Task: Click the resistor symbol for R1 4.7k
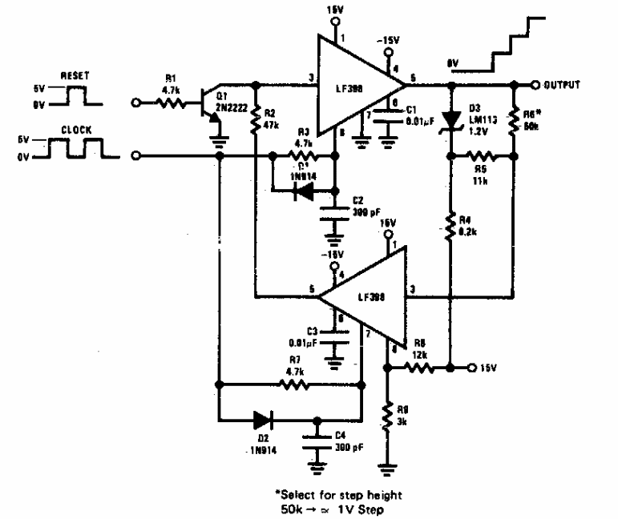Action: click(x=172, y=102)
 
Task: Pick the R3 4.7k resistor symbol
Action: click(x=301, y=156)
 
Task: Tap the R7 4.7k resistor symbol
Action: click(x=293, y=384)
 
